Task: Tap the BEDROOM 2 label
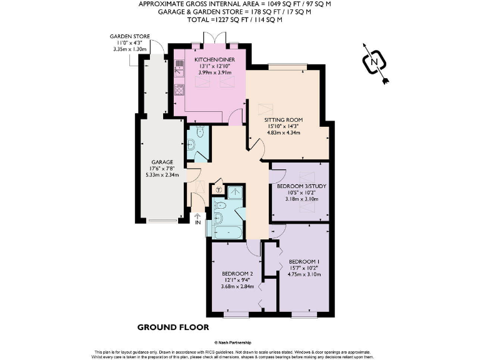(237, 274)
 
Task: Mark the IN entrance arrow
(197, 217)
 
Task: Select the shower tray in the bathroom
(236, 192)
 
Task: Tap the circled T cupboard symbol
(219, 189)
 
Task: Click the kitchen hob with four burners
(180, 89)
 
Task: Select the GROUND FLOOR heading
(173, 327)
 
